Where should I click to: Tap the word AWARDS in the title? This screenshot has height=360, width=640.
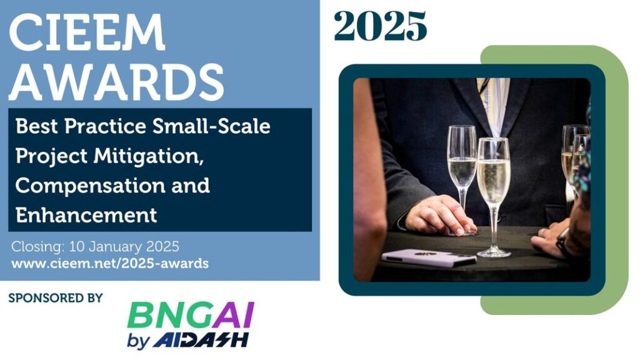pyautogui.click(x=117, y=82)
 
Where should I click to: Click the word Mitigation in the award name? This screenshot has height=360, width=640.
pyautogui.click(x=149, y=156)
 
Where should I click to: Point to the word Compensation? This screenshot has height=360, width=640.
pyautogui.click(x=90, y=185)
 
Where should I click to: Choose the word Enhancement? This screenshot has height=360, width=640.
pyautogui.click(x=86, y=215)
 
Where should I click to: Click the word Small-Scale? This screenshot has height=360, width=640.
pyautogui.click(x=211, y=126)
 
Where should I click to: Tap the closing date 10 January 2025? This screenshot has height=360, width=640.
pyautogui.click(x=124, y=246)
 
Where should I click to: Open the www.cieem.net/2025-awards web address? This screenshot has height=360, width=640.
pyautogui.click(x=110, y=264)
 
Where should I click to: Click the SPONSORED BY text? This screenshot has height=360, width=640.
pyautogui.click(x=56, y=298)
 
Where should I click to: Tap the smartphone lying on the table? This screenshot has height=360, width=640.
pyautogui.click(x=429, y=257)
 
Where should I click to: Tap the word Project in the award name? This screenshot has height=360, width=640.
pyautogui.click(x=51, y=156)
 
